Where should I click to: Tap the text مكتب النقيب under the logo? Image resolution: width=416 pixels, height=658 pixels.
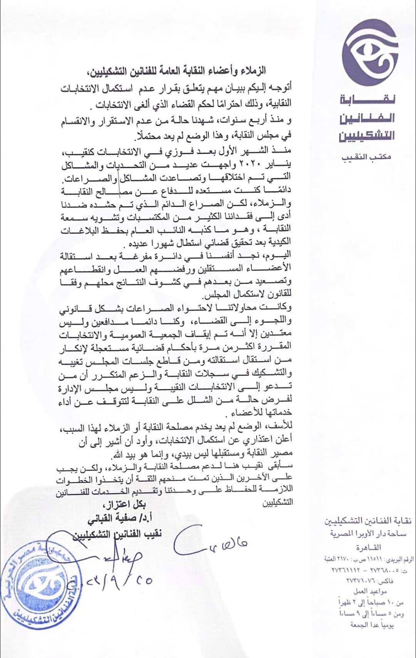tap(366, 157)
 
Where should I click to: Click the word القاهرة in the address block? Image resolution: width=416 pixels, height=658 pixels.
tap(368, 547)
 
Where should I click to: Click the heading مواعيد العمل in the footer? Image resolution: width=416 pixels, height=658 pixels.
tap(369, 591)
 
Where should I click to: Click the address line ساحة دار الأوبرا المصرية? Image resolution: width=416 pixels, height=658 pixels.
tap(368, 534)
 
